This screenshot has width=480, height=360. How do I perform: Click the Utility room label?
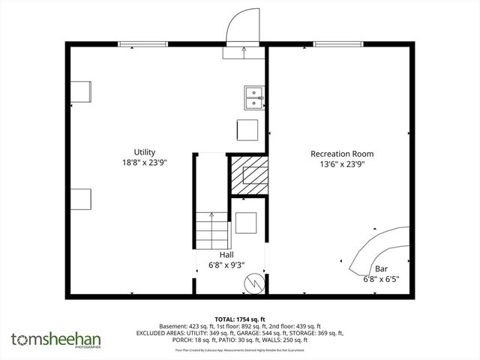(x=145, y=152)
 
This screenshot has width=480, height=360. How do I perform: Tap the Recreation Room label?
(x=342, y=154)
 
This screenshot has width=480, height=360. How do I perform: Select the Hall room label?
(x=226, y=255)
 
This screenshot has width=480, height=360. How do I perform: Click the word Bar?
(x=381, y=268)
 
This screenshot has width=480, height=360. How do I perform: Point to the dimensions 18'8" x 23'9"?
(x=145, y=162)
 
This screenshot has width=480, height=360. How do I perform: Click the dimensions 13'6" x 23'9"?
(x=342, y=163)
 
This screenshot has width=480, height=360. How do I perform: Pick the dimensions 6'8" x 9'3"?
(x=226, y=264)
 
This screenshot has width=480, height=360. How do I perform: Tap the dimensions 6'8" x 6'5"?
(x=381, y=278)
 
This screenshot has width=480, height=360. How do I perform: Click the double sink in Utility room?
(x=255, y=99)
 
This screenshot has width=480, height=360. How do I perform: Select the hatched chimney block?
(x=248, y=176)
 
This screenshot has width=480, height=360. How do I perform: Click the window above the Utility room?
(x=143, y=44)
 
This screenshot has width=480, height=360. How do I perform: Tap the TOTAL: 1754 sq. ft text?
(x=240, y=319)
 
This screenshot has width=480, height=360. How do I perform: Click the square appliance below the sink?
(x=248, y=130)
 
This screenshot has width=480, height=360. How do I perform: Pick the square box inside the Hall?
(x=246, y=224)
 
